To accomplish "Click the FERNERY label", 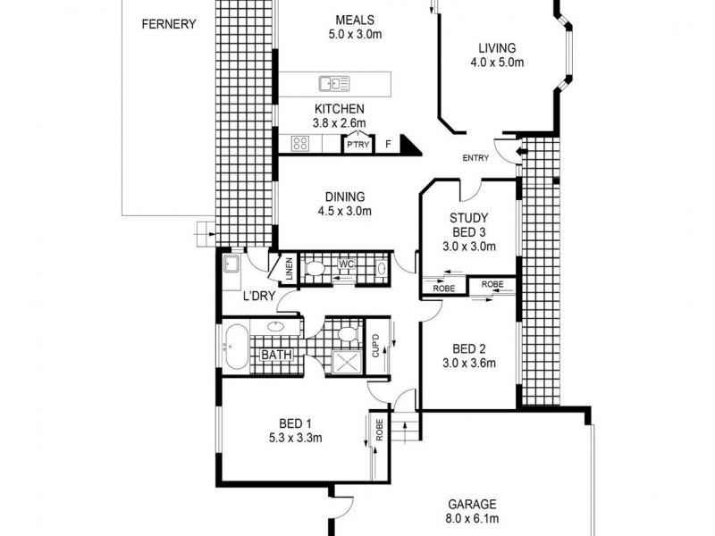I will click(x=169, y=24).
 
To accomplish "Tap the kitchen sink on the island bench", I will click(x=333, y=84).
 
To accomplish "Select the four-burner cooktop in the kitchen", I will click(x=300, y=143).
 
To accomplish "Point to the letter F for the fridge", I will click(x=387, y=144).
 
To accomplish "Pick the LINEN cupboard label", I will click(x=290, y=268).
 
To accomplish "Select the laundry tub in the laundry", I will click(x=231, y=264).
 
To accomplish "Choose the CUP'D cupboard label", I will click(x=375, y=346).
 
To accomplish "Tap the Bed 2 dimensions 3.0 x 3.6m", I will click(x=468, y=363).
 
